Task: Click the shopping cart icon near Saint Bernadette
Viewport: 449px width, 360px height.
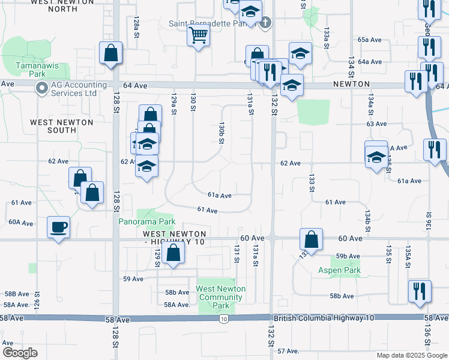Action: tap(198, 35)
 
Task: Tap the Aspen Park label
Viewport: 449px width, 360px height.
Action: tap(339, 271)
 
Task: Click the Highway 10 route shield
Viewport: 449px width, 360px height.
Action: tap(223, 319)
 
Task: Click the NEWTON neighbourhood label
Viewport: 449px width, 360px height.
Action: tap(352, 85)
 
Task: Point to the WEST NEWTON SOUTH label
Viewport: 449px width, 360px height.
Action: tap(62, 126)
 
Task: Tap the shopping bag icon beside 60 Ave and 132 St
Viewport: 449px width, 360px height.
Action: tap(312, 239)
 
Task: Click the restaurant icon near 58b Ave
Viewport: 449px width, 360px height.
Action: tap(419, 290)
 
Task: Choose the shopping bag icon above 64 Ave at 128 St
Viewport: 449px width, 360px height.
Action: tap(111, 53)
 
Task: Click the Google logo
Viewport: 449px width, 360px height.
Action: tap(20, 352)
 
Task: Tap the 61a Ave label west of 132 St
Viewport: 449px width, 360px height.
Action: tap(220, 196)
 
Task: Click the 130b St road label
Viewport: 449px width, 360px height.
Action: tap(221, 133)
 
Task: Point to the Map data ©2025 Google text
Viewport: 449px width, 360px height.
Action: tap(411, 355)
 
